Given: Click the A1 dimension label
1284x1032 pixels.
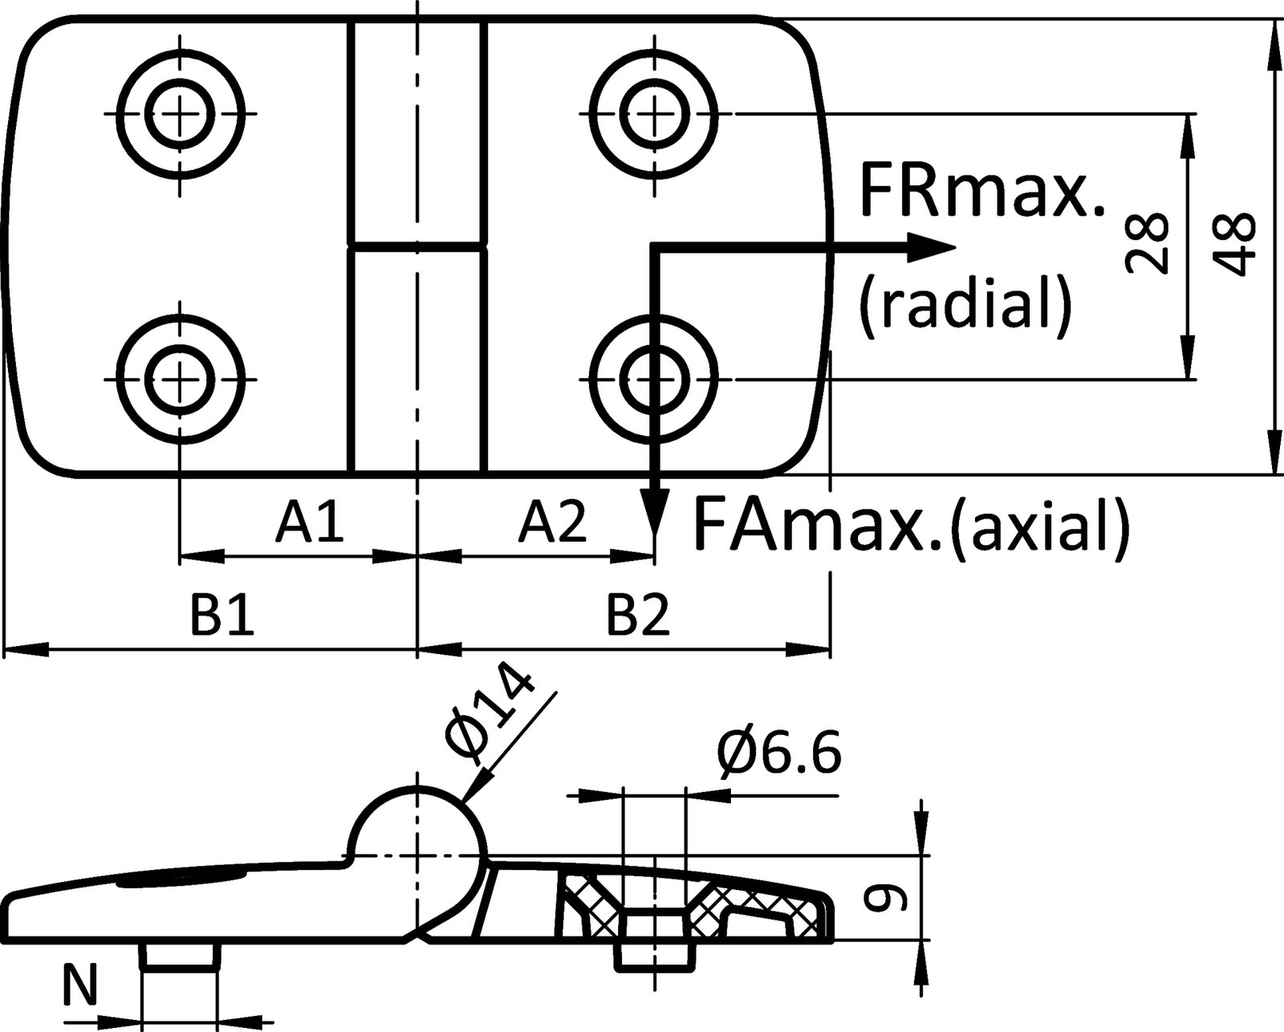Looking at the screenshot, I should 311,522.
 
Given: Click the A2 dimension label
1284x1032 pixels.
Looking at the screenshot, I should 553,522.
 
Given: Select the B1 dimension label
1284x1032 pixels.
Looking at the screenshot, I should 222,616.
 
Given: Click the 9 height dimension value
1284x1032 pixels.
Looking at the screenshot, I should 888,898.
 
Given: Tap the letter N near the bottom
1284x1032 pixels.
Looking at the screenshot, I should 79,986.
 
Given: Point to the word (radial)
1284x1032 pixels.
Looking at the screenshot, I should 965,304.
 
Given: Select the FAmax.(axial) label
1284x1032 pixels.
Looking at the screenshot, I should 910,525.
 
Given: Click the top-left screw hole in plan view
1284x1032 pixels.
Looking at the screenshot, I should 181,113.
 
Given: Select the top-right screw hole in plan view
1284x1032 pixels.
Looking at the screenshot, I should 654,113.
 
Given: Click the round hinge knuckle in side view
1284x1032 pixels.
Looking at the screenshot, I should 417,835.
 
